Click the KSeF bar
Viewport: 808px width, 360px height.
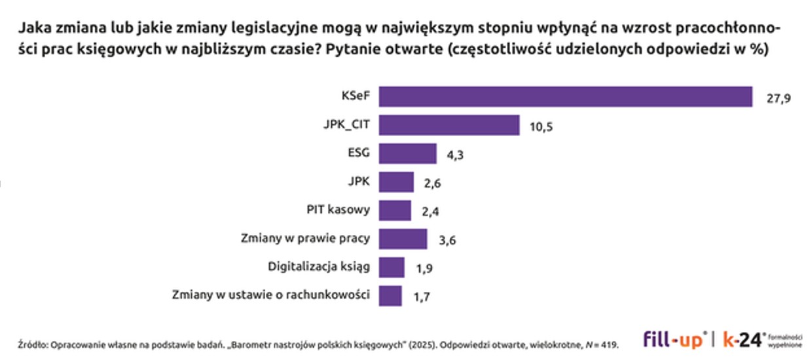click(x=565, y=97)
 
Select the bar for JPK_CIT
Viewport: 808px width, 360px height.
click(x=449, y=126)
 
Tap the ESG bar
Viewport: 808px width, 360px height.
click(x=407, y=154)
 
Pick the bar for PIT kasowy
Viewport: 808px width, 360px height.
click(x=395, y=211)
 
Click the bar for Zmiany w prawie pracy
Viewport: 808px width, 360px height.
click(x=403, y=239)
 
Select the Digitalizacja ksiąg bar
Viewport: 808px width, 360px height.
click(x=392, y=267)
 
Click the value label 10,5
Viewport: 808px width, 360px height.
click(x=541, y=127)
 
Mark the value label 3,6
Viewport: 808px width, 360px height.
click(x=447, y=240)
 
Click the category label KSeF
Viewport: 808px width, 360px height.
click(x=356, y=97)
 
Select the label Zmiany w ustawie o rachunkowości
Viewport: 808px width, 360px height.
click(x=270, y=295)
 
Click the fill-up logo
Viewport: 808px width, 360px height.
click(x=674, y=340)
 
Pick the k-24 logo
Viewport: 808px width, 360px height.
click(x=743, y=340)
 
